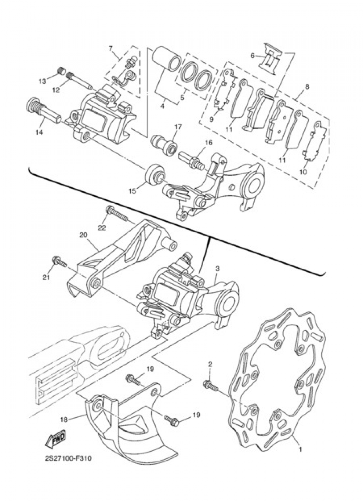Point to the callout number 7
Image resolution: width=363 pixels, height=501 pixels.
[x=111, y=48]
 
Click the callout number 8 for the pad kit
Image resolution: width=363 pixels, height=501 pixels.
[x=307, y=87]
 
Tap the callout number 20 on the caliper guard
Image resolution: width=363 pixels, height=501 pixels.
[x=83, y=235]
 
